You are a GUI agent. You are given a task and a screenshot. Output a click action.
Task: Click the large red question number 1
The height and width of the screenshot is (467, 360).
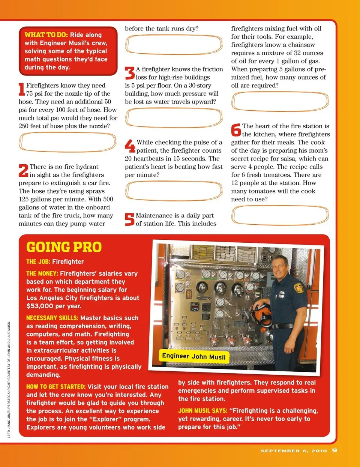coord(22,89)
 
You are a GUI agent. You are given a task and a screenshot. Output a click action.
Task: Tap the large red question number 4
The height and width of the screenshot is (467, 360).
coord(130,146)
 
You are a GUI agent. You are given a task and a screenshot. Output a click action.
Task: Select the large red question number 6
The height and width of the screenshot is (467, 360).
coord(236,130)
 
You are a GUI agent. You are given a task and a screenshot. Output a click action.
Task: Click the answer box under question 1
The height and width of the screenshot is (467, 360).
coord(67,143)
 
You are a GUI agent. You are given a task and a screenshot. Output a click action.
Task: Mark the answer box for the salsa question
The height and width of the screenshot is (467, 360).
coord(280,215)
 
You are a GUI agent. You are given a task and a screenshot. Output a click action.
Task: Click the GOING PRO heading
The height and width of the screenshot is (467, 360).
coord(64,247)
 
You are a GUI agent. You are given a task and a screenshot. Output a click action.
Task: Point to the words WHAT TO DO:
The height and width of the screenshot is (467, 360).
coord(46,35)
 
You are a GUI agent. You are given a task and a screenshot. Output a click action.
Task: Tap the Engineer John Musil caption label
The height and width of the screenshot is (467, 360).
coord(193,356)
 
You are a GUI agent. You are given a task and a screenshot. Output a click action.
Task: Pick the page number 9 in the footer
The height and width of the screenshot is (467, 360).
coord(334,450)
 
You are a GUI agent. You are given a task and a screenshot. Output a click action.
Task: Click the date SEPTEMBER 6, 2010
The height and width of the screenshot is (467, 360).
coord(294,450)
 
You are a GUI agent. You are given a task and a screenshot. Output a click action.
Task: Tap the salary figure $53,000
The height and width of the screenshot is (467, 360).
coord(41,306)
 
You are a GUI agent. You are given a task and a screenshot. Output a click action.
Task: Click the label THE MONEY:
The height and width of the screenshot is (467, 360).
coord(42,273)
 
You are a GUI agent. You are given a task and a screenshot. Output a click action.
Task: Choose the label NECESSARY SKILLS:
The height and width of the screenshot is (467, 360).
coord(52,318)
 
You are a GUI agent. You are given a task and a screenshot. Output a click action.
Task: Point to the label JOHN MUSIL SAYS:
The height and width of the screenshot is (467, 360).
coord(202,411)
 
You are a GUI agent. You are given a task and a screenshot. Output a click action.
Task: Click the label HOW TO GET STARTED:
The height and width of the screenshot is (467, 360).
coord(56,387)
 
